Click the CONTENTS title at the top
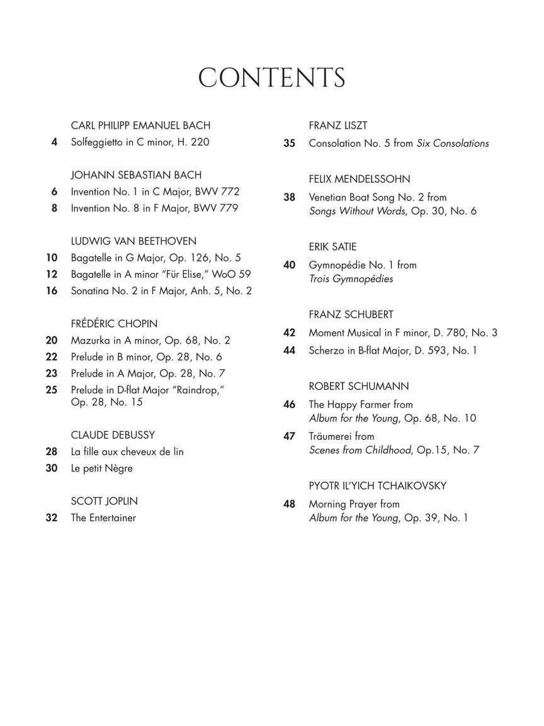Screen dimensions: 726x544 click(271, 78)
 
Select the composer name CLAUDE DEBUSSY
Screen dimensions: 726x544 click(113, 435)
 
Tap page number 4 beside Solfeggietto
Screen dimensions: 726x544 click(55, 142)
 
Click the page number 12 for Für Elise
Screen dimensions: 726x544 click(52, 274)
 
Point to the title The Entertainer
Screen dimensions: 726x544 click(103, 518)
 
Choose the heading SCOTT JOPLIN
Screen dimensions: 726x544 click(104, 501)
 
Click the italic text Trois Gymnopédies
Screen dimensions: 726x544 click(351, 279)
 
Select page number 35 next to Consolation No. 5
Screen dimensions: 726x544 click(289, 143)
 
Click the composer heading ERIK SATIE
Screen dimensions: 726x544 click(332, 247)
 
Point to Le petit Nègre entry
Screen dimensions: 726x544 click(101, 468)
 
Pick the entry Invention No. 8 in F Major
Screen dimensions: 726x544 click(154, 208)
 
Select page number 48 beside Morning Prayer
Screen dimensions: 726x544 click(289, 504)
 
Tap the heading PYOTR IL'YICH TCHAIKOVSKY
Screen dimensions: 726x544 click(377, 486)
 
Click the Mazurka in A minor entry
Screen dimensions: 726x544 click(150, 340)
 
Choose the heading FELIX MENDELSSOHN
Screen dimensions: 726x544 click(359, 179)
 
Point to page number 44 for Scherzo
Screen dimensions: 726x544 click(289, 350)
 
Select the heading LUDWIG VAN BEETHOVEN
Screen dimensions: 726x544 click(133, 241)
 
